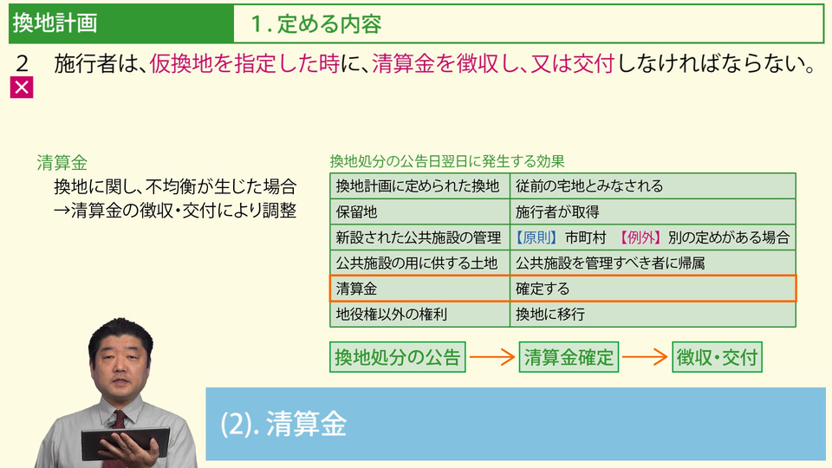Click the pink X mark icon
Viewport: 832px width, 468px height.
pos(22,88)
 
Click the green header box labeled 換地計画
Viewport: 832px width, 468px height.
pos(121,23)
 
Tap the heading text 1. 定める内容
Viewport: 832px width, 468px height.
pos(315,24)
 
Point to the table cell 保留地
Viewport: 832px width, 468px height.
pos(419,211)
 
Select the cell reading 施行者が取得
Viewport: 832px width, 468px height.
pos(653,211)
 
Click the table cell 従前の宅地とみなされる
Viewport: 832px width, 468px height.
pos(653,185)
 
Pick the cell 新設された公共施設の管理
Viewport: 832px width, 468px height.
pos(419,237)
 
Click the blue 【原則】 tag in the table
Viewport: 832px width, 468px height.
pos(536,237)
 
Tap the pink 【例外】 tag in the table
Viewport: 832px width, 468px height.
pos(640,237)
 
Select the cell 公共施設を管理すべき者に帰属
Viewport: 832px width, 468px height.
pos(653,263)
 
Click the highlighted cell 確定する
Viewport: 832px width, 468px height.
pos(653,289)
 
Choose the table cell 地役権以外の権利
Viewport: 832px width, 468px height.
pos(419,314)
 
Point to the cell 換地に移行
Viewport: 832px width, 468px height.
pos(653,314)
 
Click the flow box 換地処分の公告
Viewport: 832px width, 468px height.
pos(398,357)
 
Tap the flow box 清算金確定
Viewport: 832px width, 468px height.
pos(569,357)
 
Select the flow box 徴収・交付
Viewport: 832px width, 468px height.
pos(717,357)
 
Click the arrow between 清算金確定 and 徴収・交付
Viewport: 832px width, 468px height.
pos(645,356)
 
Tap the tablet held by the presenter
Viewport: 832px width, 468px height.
pos(125,444)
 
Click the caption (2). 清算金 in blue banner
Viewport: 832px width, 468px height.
pos(283,424)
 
